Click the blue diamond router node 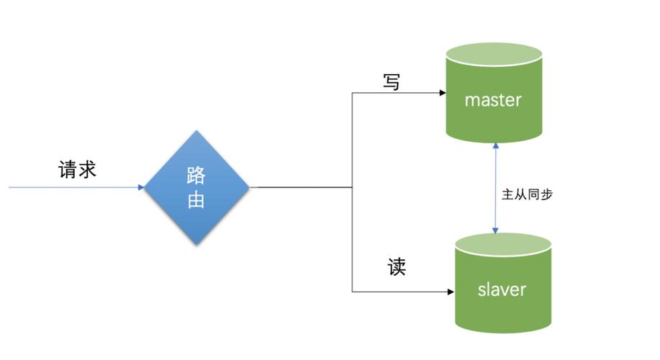coord(196,187)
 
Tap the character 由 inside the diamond coord(196,200)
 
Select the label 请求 coord(77,170)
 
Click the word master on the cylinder coord(493,99)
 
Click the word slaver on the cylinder coord(502,289)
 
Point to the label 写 coord(391,83)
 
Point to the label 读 coord(397,267)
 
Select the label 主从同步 coord(527,194)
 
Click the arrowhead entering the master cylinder coord(441,93)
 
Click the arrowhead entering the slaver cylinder coord(450,292)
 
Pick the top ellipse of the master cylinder coord(493,54)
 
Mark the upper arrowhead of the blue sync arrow coord(494,145)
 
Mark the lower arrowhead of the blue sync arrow coord(494,230)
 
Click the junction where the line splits coord(352,187)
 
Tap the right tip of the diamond coord(248,187)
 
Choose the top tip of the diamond coord(196,132)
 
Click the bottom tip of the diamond coord(196,243)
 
